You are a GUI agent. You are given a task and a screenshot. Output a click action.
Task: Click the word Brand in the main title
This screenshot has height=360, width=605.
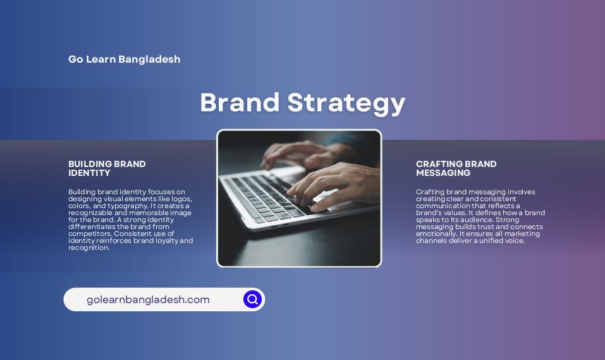240,102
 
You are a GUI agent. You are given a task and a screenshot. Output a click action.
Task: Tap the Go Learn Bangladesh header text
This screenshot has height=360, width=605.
125,59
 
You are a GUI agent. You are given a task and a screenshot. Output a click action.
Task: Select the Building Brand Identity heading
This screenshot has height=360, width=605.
107,168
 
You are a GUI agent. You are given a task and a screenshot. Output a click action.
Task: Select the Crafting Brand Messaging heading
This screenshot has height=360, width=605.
456,168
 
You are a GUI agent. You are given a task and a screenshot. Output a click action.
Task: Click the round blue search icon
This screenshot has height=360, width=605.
252,299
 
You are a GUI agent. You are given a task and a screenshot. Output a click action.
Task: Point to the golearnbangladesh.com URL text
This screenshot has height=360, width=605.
148,300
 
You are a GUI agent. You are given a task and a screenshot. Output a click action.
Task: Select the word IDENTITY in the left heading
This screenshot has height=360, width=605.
89,173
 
